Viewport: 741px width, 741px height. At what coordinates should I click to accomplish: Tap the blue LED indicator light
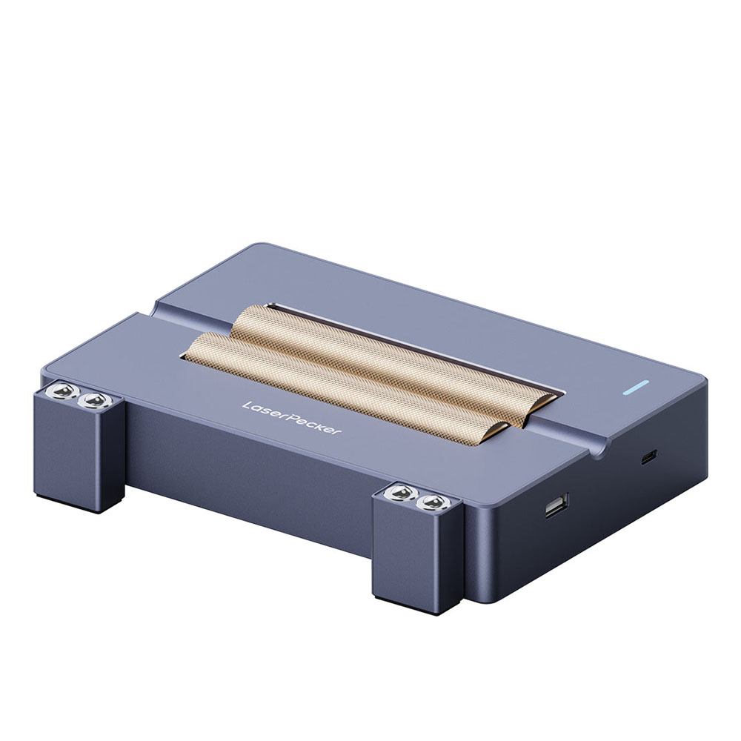[637, 387]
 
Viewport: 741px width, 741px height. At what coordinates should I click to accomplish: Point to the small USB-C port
[648, 457]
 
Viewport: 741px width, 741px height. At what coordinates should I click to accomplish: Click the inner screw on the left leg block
[91, 401]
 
